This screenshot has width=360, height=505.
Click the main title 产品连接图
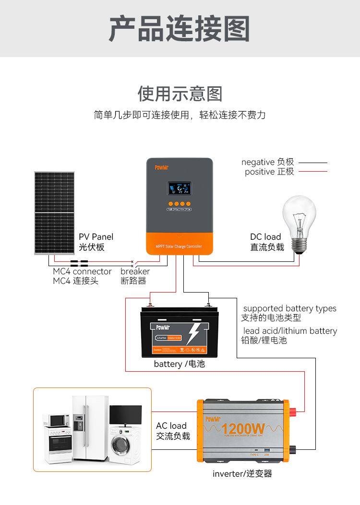tap(180, 29)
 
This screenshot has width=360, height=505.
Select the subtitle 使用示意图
tap(180, 94)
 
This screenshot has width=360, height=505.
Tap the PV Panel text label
tap(96, 237)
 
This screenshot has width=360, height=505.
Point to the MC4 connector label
tap(82, 271)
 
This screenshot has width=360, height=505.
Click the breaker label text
tap(135, 271)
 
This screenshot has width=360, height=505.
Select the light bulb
tap(299, 223)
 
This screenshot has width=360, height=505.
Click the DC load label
tap(265, 237)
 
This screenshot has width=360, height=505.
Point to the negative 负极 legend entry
tap(267, 162)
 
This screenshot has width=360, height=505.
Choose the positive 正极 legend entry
tap(269, 172)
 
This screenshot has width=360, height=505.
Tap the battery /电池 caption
tap(179, 364)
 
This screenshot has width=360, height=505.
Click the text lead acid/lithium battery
tap(290, 331)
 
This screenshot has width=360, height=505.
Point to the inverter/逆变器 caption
tap(242, 474)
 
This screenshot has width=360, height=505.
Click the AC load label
tap(171, 426)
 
